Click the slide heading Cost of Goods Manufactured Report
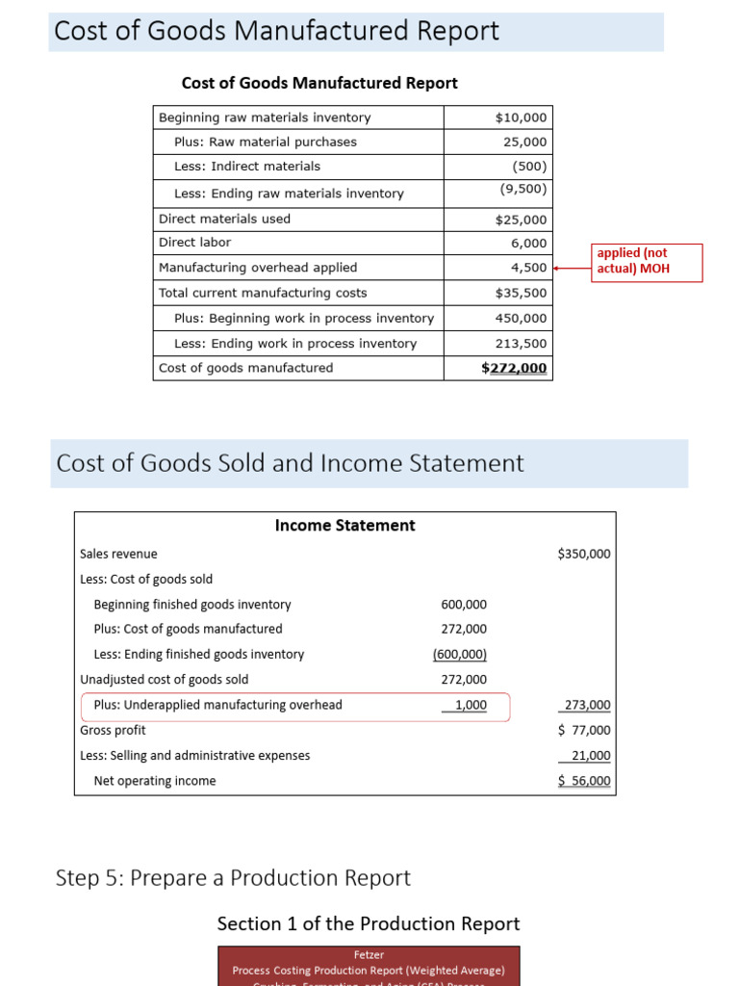pos(277,31)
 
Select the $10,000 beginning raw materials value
pos(521,117)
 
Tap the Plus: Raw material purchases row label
pos(265,143)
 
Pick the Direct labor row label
pos(194,243)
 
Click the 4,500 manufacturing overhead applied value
pos(528,268)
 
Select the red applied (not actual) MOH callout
pos(647,261)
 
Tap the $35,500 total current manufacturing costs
pos(521,293)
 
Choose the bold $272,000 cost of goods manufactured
pos(514,368)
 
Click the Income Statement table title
pos(344,526)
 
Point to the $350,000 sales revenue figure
pos(583,554)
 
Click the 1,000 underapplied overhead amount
pos(470,705)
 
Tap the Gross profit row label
pos(113,730)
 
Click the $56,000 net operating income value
pos(584,781)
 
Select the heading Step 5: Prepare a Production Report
pos(233,878)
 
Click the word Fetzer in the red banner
pos(369,955)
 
